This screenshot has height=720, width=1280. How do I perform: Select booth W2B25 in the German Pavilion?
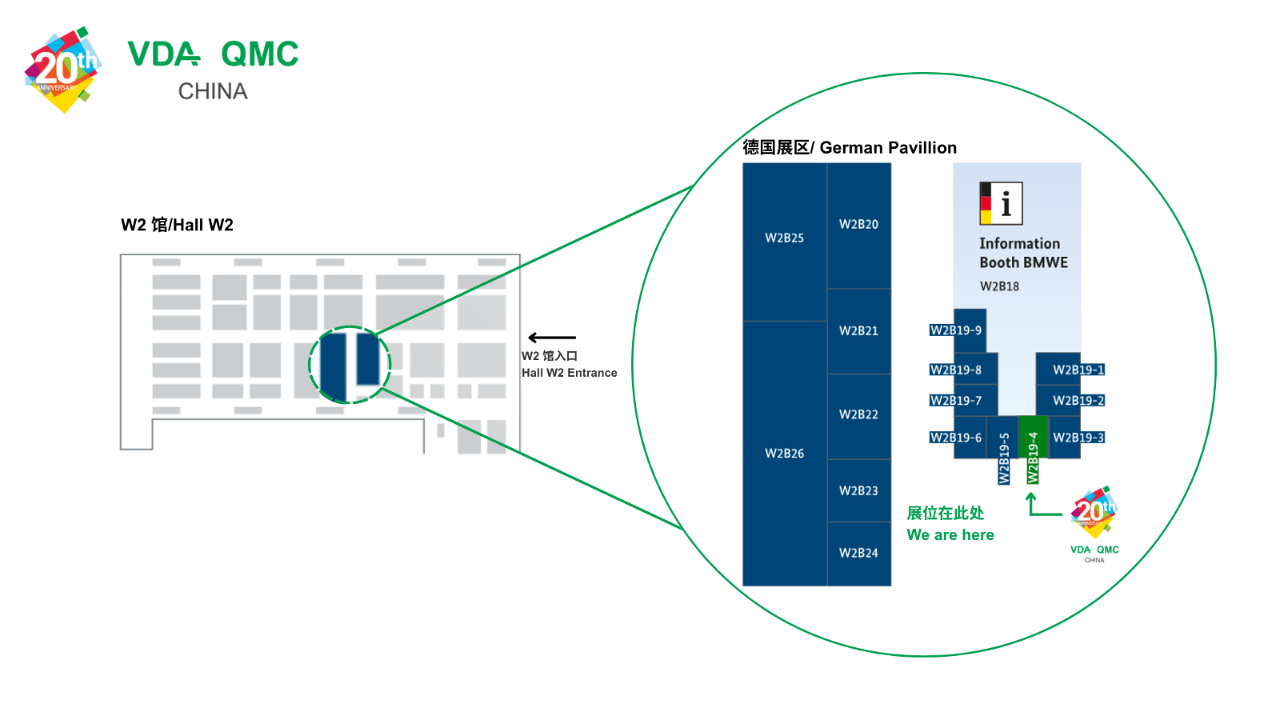click(785, 242)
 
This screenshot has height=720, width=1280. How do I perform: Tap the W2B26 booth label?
click(785, 454)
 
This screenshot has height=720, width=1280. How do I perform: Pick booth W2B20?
click(859, 226)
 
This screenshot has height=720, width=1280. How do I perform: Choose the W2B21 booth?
click(859, 331)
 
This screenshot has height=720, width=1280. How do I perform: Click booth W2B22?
click(859, 417)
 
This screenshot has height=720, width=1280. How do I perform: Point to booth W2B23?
click(859, 491)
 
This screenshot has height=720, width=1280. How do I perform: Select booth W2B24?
click(859, 554)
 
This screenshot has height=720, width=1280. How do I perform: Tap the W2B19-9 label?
click(955, 330)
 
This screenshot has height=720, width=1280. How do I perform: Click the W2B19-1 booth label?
click(1078, 370)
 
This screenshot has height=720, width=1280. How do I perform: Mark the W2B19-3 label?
click(1078, 438)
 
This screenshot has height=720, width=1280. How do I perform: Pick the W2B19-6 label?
click(955, 438)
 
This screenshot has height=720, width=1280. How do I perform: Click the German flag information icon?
click(1001, 203)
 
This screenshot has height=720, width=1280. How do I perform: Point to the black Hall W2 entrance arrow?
click(552, 337)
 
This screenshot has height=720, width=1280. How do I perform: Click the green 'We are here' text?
click(950, 535)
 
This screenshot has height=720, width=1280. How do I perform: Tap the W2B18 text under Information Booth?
click(999, 286)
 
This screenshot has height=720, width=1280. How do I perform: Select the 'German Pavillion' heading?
click(888, 148)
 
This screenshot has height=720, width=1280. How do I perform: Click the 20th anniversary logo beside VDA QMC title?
click(63, 70)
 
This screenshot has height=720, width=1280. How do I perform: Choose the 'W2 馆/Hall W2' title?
click(177, 225)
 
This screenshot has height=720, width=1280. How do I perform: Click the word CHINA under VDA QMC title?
click(213, 91)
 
